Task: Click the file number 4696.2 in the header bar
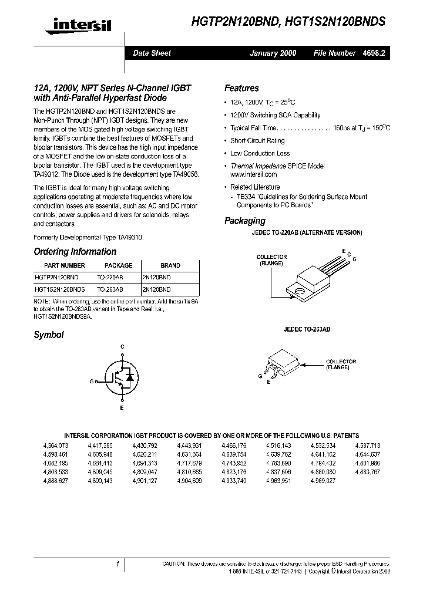pyautogui.click(x=374, y=53)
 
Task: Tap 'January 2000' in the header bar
pyautogui.click(x=273, y=53)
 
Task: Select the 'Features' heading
pyautogui.click(x=241, y=88)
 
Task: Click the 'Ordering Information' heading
pyautogui.click(x=75, y=252)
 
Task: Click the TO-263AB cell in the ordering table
pyautogui.click(x=110, y=289)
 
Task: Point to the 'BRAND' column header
pyautogui.click(x=170, y=265)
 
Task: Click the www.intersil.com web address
pyautogui.click(x=253, y=174)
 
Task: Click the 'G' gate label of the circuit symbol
pyautogui.click(x=92, y=382)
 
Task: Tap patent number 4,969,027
pyautogui.click(x=323, y=481)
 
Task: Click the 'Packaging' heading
pyautogui.click(x=245, y=221)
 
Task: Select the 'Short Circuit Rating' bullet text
pyautogui.click(x=257, y=141)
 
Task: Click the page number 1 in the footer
pyautogui.click(x=118, y=564)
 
